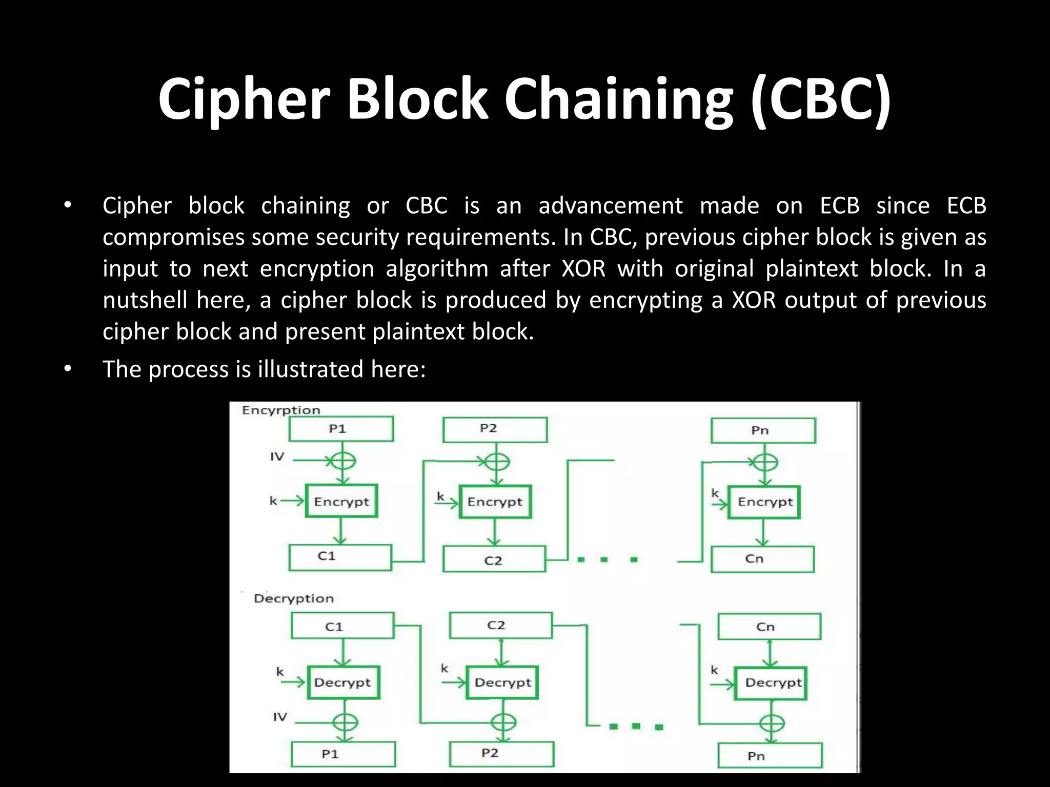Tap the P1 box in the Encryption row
(341, 429)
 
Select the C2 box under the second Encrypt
(494, 560)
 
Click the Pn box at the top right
(763, 430)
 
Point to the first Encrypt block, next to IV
(341, 501)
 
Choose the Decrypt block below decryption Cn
(771, 682)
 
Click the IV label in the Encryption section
(277, 457)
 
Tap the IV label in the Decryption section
(280, 717)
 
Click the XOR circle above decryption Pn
(772, 723)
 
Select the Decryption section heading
(294, 598)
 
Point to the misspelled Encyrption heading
(281, 410)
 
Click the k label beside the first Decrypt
(280, 672)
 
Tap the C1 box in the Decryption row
(342, 626)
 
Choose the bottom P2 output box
(501, 754)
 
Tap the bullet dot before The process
(67, 368)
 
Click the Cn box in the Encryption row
(762, 558)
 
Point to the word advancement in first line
(610, 206)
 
